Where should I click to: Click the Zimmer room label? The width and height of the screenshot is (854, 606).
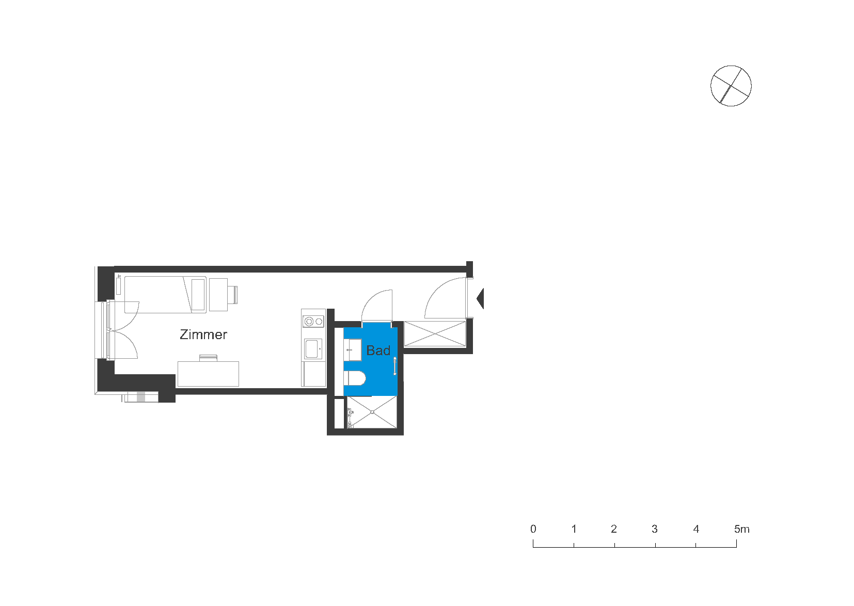coord(203,334)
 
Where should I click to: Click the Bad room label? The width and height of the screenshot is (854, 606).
coord(378,350)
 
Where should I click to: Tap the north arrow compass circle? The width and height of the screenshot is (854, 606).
coord(731,86)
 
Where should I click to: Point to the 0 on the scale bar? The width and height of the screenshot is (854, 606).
coord(533,529)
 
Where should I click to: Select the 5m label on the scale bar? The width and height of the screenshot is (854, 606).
coord(741,529)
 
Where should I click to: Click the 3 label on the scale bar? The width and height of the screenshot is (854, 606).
coord(655,529)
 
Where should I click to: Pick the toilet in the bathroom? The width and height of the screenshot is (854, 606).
coord(355,378)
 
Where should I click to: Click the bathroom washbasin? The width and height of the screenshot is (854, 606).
coord(352,349)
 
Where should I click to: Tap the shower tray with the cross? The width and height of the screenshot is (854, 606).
coord(372,412)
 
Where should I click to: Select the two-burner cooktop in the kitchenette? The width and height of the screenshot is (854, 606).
coord(313,321)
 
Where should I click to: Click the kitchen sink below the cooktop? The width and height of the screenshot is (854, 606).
coord(313,349)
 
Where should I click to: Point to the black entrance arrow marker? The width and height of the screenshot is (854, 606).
coord(480,298)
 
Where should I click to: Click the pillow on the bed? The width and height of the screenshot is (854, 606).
coord(198,295)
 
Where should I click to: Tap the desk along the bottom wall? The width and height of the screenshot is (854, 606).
coord(208,374)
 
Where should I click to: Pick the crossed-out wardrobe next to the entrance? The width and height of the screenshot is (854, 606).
coord(435,334)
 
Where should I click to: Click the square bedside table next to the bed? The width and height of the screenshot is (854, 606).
coord(218,295)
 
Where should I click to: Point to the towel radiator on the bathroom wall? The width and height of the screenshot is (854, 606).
coord(395,366)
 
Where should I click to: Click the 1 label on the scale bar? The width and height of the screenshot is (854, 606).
coord(574,529)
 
